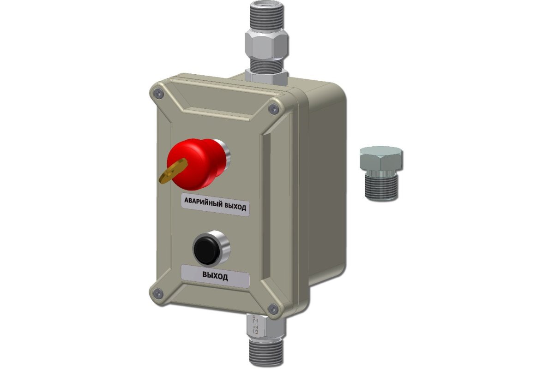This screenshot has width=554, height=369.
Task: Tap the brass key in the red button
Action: tap(173, 171)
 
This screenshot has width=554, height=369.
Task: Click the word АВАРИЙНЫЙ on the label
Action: tap(203, 202)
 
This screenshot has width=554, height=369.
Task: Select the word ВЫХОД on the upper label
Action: tap(235, 206)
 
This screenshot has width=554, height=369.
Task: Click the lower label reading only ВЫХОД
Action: tap(215, 276)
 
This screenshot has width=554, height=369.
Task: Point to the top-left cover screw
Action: tap(158, 93)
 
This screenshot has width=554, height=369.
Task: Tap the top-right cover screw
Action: tap(273, 108)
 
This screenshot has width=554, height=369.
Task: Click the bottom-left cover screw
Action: tap(158, 293)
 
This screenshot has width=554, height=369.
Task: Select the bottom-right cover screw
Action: tap(273, 309)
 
